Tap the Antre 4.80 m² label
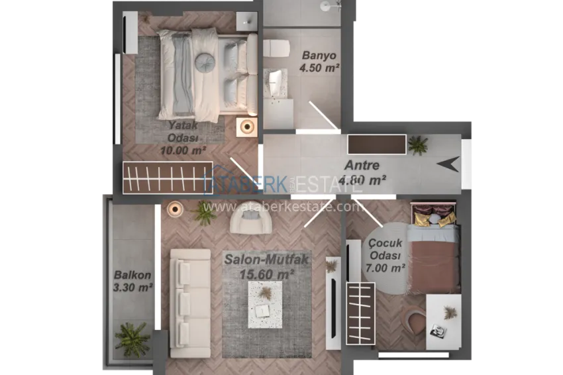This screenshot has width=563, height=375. (362, 172)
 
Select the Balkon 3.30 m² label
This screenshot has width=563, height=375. (132, 281)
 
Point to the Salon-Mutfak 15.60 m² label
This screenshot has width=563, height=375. (266, 266)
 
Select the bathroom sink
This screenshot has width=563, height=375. (276, 84)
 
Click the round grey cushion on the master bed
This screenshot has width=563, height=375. (205, 61)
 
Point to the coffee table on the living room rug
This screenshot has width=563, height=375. (266, 304)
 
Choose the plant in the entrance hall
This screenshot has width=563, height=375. (418, 144)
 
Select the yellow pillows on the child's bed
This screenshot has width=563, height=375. (435, 219)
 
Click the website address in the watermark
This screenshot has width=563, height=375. (283, 207)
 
